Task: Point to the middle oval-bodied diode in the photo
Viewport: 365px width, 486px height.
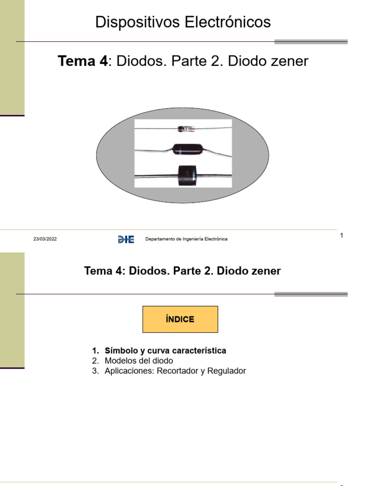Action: (x=183, y=150)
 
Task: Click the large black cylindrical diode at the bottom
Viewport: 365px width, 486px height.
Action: (x=187, y=176)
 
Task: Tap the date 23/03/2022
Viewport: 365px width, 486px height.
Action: (x=45, y=239)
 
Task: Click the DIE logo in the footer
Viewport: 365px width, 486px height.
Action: (x=126, y=239)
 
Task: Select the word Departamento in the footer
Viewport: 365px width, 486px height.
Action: (x=159, y=239)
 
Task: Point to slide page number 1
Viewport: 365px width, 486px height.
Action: (x=342, y=236)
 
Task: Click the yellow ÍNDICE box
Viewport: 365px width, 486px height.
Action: (x=180, y=319)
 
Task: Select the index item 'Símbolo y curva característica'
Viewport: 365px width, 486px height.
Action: (x=165, y=351)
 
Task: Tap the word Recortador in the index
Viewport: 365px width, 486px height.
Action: (x=179, y=371)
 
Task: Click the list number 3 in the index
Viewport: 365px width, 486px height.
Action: (x=95, y=371)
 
